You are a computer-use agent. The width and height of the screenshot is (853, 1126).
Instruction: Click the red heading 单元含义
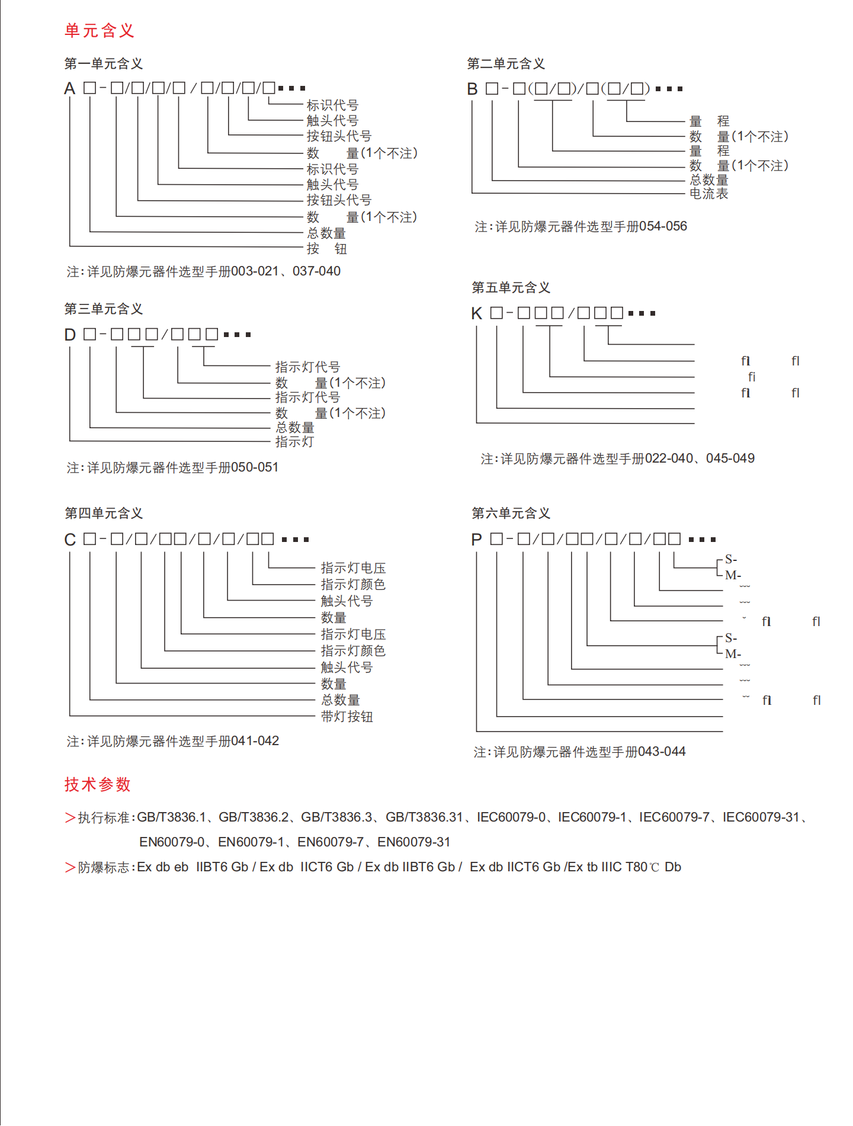click(100, 31)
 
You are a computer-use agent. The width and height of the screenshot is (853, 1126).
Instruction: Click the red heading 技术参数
click(98, 784)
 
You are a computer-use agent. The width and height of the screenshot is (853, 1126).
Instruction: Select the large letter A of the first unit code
click(70, 89)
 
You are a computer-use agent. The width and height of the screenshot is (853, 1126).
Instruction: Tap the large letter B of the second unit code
click(472, 89)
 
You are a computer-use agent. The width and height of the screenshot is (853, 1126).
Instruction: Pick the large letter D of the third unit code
click(70, 335)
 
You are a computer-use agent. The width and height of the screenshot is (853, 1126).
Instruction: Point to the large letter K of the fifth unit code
click(477, 313)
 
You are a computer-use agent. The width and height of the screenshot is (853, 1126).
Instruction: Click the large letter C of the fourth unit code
click(70, 540)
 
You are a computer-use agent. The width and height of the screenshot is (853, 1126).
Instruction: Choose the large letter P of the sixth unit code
click(477, 540)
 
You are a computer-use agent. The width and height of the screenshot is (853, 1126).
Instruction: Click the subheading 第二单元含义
click(506, 64)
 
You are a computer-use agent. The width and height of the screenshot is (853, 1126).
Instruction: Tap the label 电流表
click(708, 194)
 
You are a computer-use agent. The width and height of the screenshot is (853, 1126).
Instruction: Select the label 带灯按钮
click(347, 717)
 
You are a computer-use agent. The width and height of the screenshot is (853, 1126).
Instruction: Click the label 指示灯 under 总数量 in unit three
click(294, 442)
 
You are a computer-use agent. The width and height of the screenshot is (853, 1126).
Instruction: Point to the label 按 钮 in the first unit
click(326, 249)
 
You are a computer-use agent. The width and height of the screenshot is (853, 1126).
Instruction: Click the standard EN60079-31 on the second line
click(414, 842)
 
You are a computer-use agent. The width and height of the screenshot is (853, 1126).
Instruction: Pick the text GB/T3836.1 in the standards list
click(171, 817)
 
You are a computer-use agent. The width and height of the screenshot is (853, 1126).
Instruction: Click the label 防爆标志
click(104, 867)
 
